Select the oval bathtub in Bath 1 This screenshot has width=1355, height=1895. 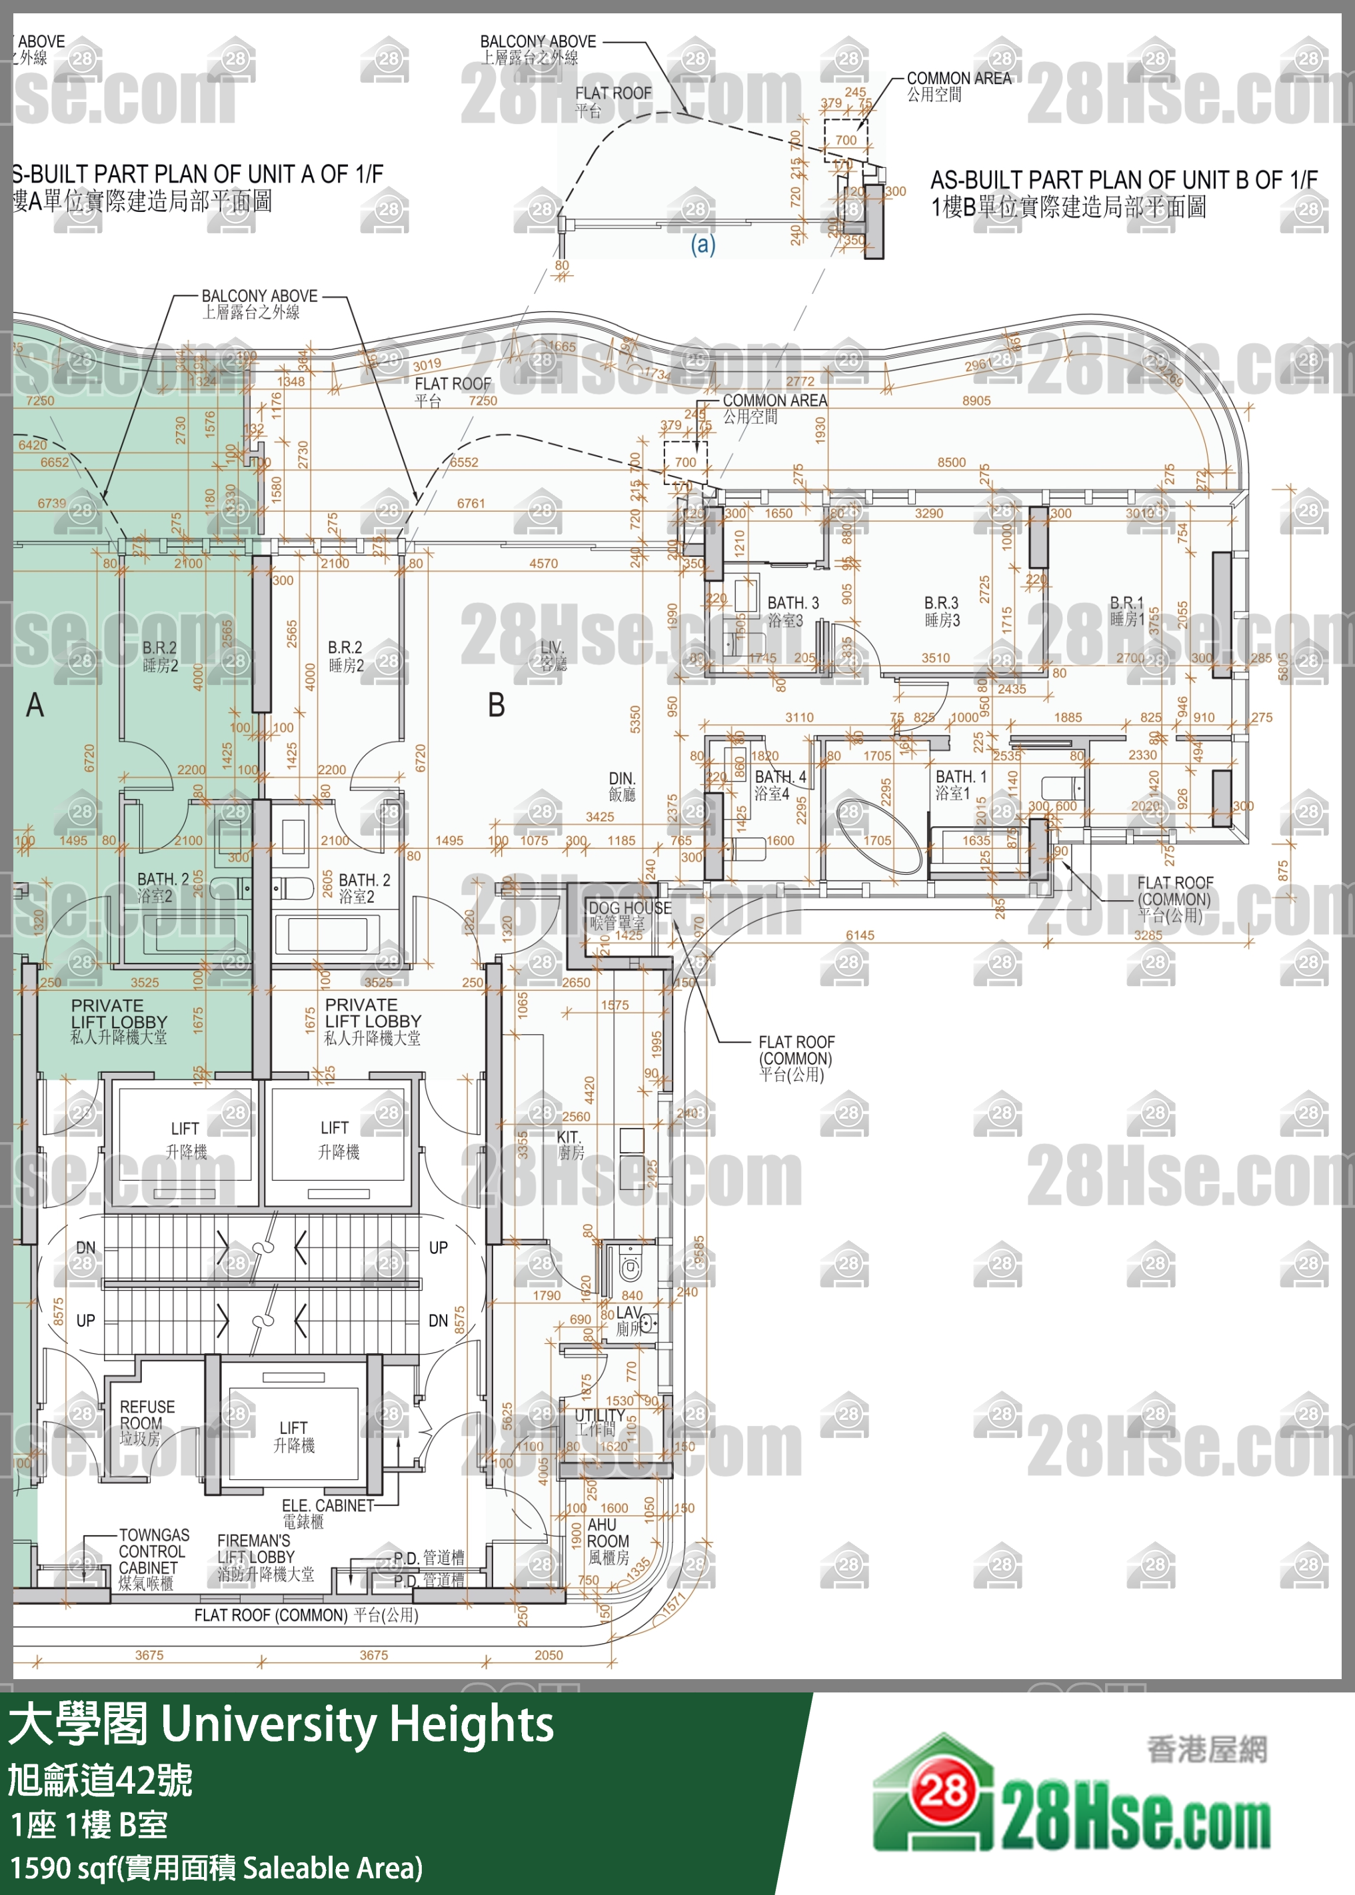(x=877, y=837)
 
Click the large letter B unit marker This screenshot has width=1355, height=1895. (x=497, y=706)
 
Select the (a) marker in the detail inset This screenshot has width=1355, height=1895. (x=702, y=245)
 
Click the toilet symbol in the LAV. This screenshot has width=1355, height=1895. (x=630, y=1269)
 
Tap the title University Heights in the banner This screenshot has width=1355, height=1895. (x=357, y=1724)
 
